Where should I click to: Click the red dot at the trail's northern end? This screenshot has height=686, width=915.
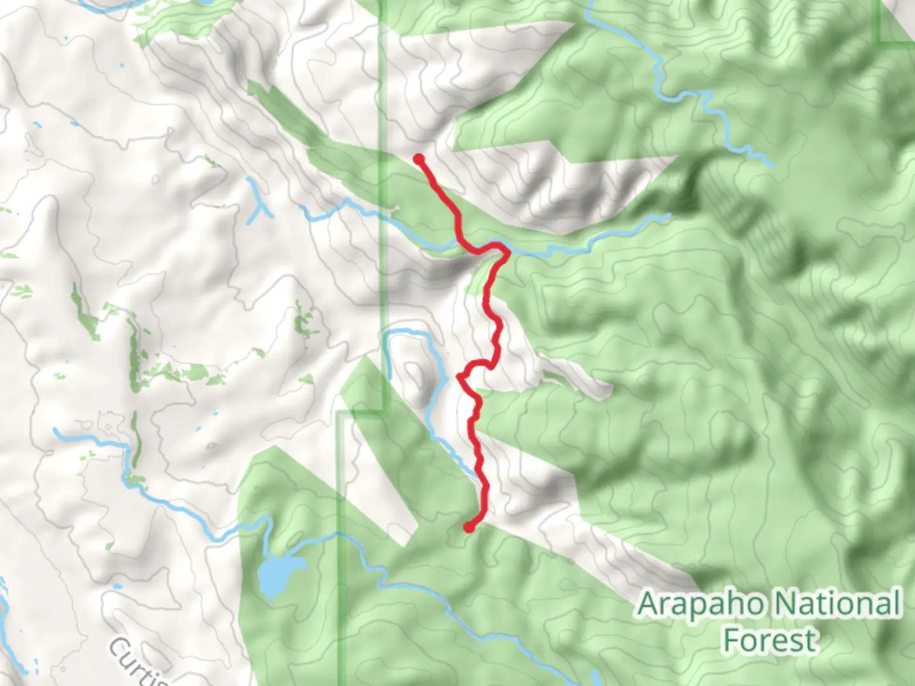419,159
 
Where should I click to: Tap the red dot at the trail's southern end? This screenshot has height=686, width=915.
469,527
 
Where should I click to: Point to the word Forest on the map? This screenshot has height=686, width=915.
770,640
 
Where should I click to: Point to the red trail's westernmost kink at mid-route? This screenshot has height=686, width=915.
459,377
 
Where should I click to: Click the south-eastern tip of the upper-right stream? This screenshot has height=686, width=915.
772,165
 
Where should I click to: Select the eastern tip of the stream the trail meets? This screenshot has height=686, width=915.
668,216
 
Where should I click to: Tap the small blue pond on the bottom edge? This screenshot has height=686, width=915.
594,678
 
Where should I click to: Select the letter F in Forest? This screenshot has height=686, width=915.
732,640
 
